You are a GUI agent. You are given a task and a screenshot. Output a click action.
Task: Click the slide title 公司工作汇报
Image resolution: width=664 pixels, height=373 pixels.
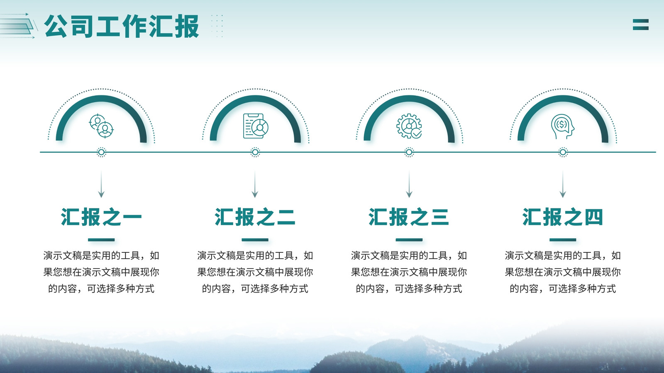coord(122,26)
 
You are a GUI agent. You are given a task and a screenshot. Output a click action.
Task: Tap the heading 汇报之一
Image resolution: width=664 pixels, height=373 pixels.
coord(101,217)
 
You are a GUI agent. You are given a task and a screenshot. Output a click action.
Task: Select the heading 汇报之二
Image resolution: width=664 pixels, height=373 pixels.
coord(255,217)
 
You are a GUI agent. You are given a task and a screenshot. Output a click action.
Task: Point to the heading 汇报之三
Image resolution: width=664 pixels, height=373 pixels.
coord(409,217)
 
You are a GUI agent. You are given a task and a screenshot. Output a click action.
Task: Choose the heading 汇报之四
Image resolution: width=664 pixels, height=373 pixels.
coord(563,217)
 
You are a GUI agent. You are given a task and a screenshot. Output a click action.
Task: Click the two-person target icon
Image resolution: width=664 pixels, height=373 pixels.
coord(101,126)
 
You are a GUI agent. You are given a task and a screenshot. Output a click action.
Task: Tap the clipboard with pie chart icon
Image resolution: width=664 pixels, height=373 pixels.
coord(256,126)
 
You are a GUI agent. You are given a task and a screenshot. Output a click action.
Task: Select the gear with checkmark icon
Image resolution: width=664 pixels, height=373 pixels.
coord(409,126)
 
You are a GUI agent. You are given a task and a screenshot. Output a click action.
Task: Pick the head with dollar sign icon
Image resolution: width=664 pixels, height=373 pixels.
coord(563,126)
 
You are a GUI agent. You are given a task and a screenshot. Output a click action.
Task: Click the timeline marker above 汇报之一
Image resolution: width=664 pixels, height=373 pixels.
coord(101,152)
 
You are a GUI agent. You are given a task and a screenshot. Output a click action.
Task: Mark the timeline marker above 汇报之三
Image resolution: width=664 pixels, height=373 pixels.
coord(409,152)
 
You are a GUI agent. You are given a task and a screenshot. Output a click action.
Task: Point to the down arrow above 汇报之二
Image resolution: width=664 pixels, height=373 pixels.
coord(255,184)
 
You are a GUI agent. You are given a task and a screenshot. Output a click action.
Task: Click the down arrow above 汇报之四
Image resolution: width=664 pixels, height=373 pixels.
coord(563,184)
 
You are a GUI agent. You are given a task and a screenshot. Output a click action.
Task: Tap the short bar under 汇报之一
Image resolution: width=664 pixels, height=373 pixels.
coord(101,240)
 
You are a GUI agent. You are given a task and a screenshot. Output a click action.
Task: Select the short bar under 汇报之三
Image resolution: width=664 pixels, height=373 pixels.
coord(409,240)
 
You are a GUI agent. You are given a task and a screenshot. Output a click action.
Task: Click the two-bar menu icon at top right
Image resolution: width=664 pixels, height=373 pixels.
coord(641,24)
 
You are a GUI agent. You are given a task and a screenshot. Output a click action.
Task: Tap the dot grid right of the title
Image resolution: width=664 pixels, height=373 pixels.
coord(217,26)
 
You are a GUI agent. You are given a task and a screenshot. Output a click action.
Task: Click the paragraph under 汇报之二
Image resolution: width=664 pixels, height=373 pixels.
coord(255,272)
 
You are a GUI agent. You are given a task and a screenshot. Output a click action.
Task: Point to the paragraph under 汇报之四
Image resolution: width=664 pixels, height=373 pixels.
coord(563,272)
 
